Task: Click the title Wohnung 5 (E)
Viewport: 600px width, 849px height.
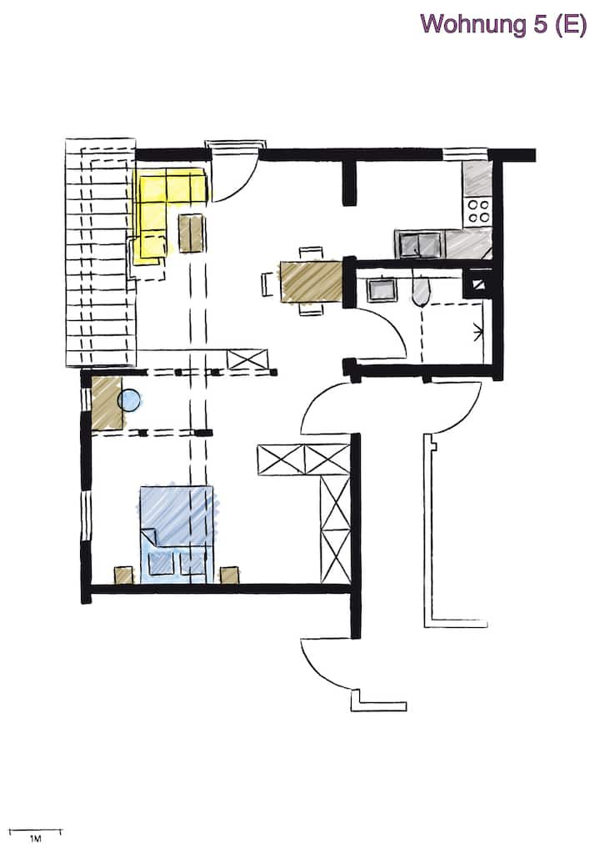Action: point(503,23)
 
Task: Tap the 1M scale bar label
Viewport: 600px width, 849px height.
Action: point(35,837)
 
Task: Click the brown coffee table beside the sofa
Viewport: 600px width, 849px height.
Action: point(191,234)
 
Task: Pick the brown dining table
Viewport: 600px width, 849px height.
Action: point(311,282)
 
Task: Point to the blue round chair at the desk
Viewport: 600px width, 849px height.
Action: point(129,400)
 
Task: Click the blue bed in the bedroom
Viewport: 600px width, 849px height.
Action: point(176,530)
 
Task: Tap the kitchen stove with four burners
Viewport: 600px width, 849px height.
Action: point(478,211)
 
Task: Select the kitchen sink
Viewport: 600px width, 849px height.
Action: point(419,244)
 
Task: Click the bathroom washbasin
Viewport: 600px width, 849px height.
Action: point(381,289)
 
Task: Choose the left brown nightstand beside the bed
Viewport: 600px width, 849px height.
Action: point(123,575)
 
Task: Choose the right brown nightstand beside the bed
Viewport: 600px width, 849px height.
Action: point(228,575)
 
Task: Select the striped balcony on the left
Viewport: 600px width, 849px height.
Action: point(100,254)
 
